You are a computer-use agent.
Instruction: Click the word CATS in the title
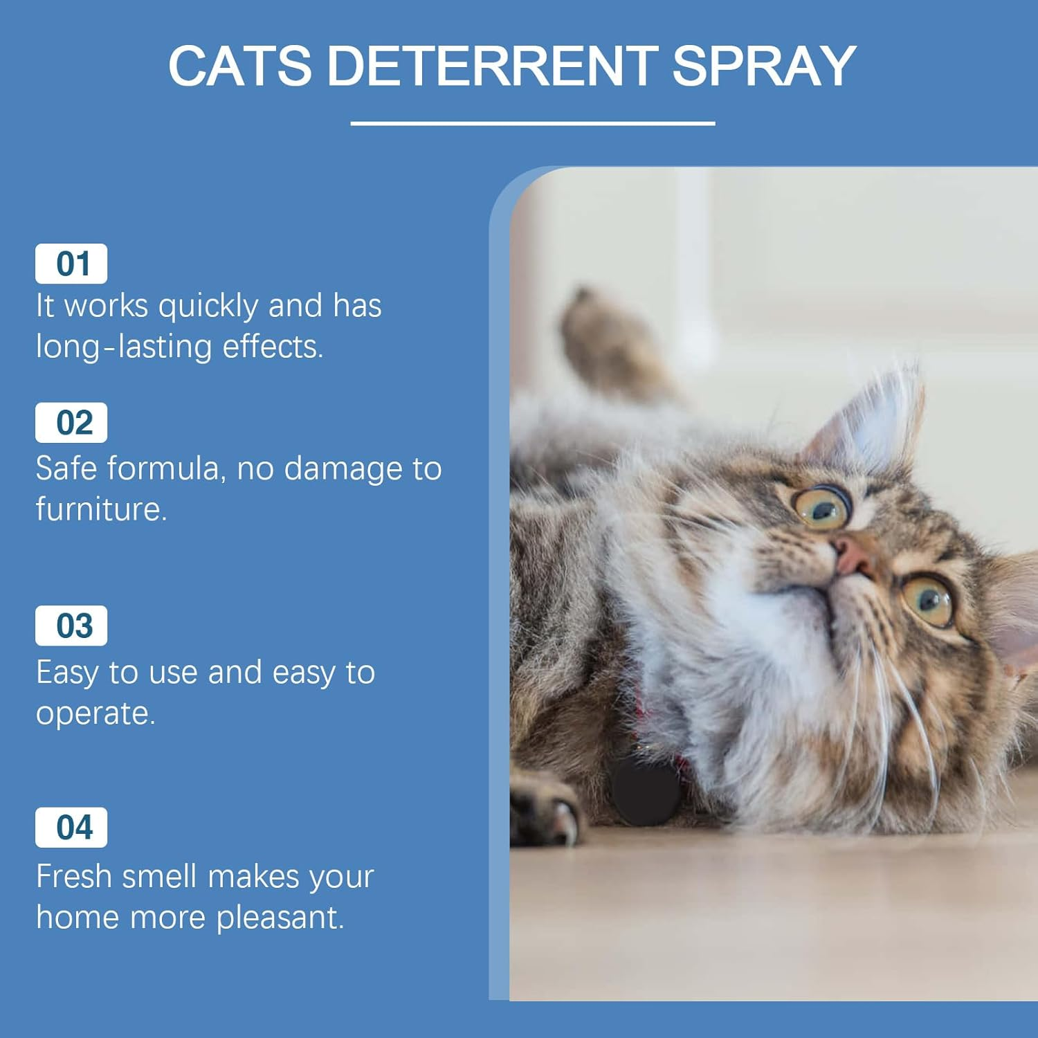pos(239,66)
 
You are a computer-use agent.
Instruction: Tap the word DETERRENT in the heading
pos(491,66)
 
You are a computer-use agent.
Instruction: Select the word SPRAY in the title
pos(764,66)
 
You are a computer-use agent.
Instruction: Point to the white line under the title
pos(532,123)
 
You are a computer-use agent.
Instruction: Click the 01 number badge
pos(72,264)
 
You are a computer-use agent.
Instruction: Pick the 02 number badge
pos(72,423)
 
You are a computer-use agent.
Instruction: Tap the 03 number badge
pos(72,626)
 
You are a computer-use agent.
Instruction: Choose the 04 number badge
pos(72,828)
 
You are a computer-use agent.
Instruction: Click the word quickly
pos(208,307)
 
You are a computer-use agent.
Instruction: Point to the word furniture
pos(101,510)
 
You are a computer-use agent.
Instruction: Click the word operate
pos(95,714)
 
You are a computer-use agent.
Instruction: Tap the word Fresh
pos(73,877)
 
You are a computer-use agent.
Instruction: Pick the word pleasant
pos(280,918)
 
